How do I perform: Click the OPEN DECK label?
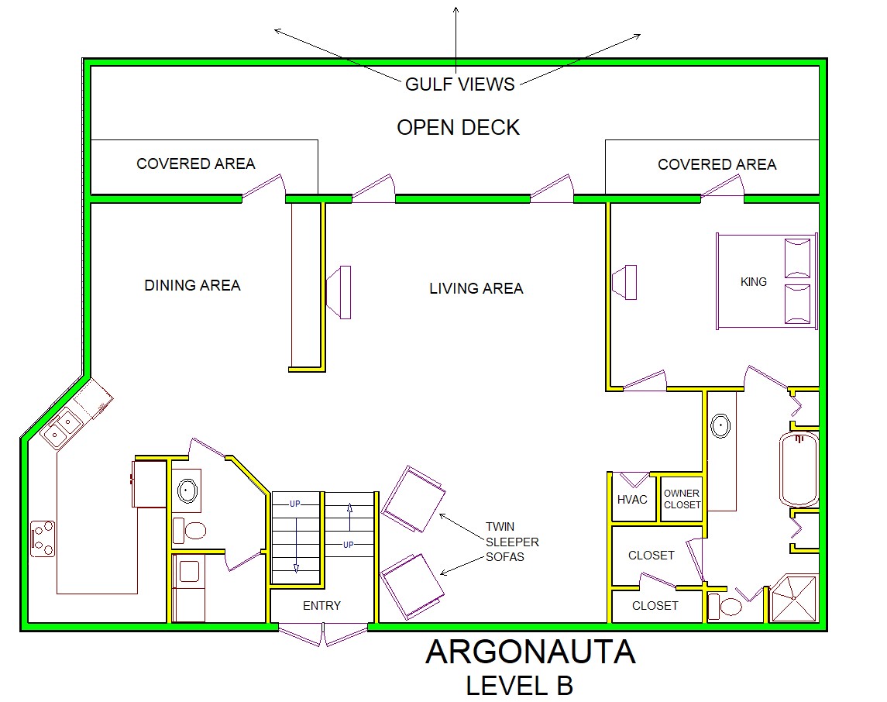pyautogui.click(x=458, y=128)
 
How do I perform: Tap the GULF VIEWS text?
pyautogui.click(x=460, y=84)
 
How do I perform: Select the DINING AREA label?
pyautogui.click(x=192, y=285)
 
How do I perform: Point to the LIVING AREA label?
pyautogui.click(x=476, y=288)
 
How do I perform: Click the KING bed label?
pyautogui.click(x=754, y=282)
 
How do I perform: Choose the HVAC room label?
pyautogui.click(x=632, y=500)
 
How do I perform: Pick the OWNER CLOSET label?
pyautogui.click(x=682, y=499)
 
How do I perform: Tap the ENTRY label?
pyautogui.click(x=322, y=606)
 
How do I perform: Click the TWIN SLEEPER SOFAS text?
pyautogui.click(x=512, y=542)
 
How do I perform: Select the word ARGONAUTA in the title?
pyautogui.click(x=531, y=652)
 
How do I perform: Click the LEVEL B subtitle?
pyautogui.click(x=519, y=686)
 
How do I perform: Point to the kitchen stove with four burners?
pyautogui.click(x=43, y=539)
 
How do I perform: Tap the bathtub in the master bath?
pyautogui.click(x=799, y=469)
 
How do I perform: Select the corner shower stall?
pyautogui.click(x=794, y=598)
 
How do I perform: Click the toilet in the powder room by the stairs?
pyautogui.click(x=190, y=530)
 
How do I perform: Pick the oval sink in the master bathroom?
pyautogui.click(x=720, y=426)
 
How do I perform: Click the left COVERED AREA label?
pyautogui.click(x=196, y=163)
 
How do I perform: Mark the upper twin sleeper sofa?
pyautogui.click(x=414, y=499)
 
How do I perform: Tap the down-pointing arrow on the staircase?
pyautogui.click(x=296, y=568)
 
